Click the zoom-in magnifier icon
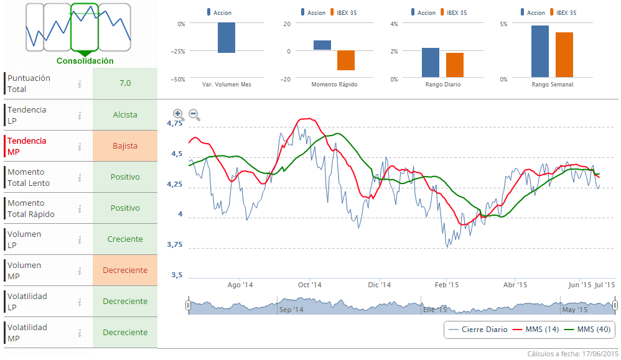click(178, 114)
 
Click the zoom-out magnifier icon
click(194, 114)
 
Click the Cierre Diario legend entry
click(478, 329)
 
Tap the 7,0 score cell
click(125, 83)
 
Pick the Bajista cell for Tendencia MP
click(125, 146)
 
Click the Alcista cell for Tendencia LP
click(125, 115)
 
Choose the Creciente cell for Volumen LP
click(125, 239)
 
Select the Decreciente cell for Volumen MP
click(125, 270)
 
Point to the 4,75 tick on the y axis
click(175, 124)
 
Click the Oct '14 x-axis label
click(309, 285)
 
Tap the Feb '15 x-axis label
click(447, 285)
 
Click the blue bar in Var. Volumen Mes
click(226, 38)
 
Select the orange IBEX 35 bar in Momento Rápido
click(346, 60)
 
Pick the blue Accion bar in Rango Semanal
click(540, 52)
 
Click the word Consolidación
click(85, 61)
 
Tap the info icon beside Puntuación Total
click(80, 84)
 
